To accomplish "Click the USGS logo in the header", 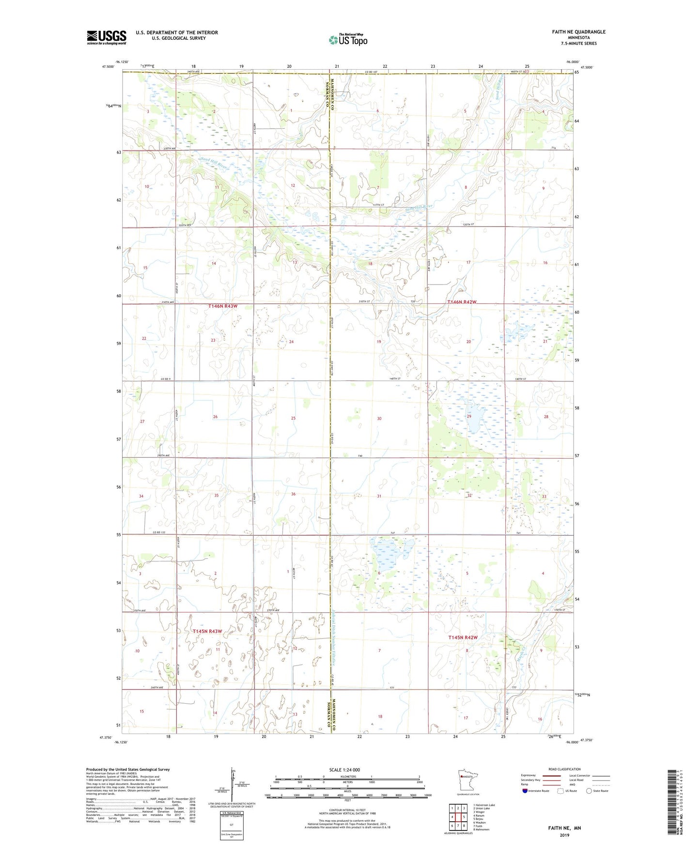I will pos(107,37).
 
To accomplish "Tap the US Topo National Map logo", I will pos(348,40).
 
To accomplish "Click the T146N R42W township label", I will pos(461,302).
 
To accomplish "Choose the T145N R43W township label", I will pos(207,631).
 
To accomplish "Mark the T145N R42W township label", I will pos(463,637).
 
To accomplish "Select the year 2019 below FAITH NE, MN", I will pos(564,835).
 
